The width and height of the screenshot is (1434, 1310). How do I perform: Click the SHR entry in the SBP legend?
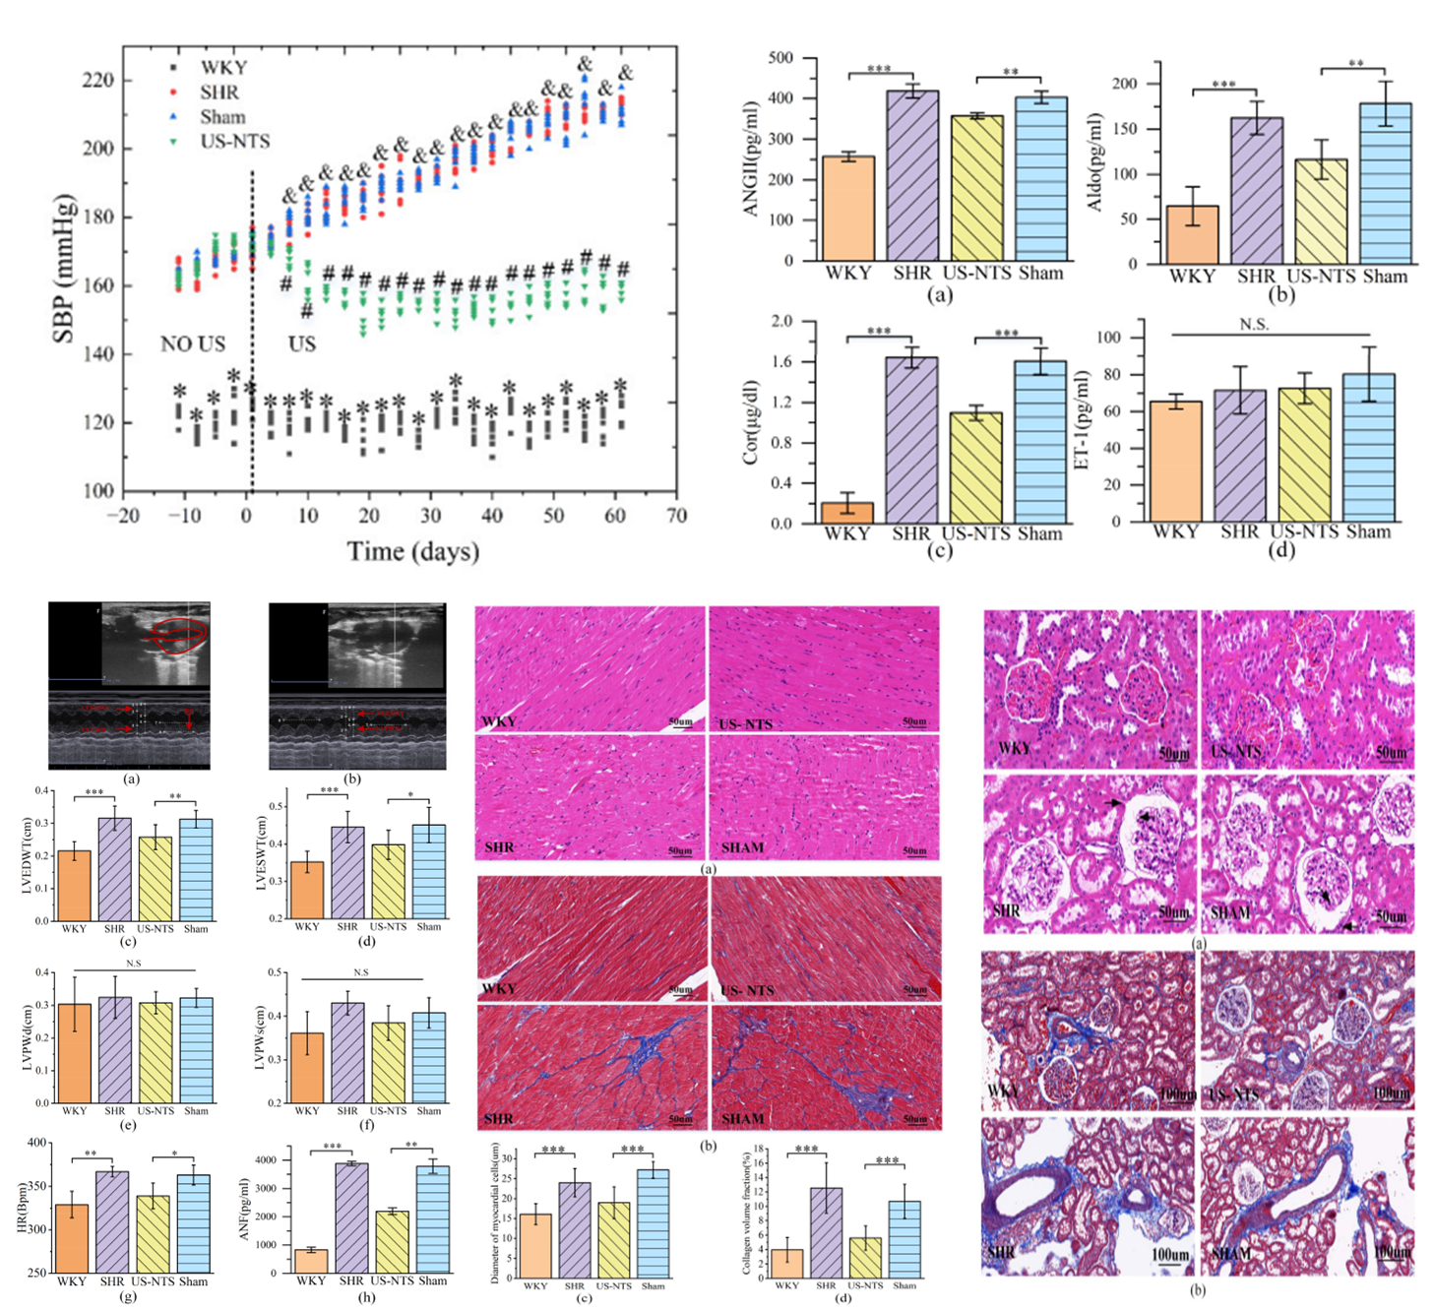218,92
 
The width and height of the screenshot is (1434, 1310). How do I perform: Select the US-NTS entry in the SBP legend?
234,141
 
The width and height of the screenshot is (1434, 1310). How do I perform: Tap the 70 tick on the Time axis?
676,515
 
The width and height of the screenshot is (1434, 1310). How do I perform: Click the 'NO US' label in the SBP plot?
193,343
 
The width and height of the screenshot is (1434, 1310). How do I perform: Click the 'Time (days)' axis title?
412,551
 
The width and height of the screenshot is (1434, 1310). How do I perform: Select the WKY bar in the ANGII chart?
847,208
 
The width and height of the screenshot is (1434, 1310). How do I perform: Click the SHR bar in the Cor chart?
911,440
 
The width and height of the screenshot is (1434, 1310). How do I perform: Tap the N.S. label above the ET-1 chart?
1254,324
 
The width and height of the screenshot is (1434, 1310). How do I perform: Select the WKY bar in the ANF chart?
310,1261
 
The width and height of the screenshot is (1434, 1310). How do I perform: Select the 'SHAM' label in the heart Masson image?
742,1119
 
